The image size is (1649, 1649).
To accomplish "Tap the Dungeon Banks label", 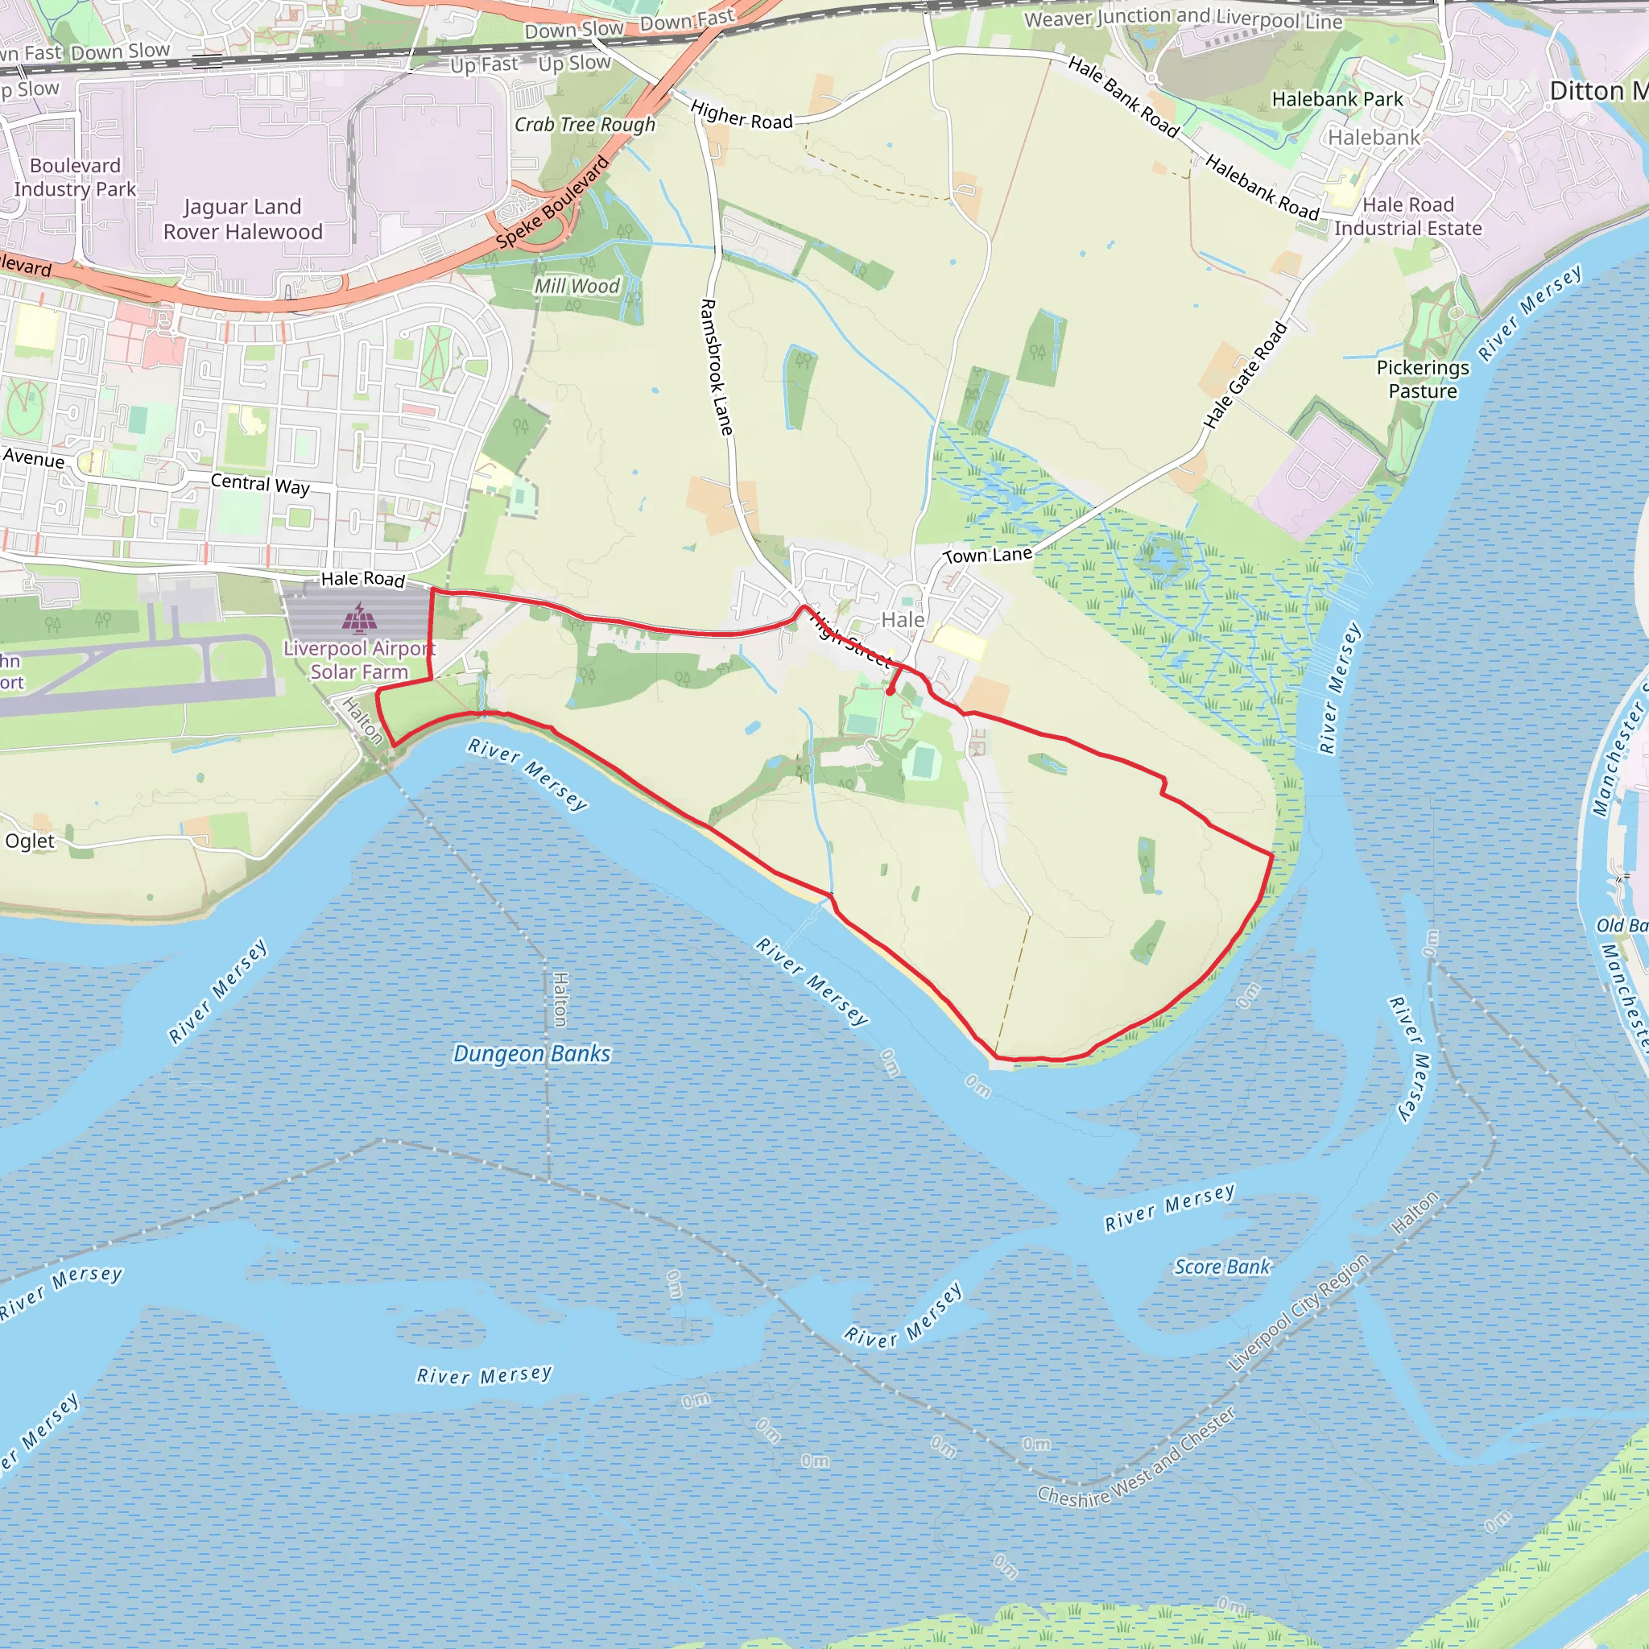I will click(531, 1053).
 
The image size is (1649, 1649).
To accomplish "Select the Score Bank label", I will click(1221, 1267).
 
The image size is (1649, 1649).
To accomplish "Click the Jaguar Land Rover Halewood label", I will click(242, 219).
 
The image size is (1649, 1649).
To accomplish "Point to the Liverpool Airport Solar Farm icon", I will click(359, 618).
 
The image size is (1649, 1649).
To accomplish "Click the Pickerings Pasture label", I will click(1422, 379).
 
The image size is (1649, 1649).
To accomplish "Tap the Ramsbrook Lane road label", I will click(716, 367).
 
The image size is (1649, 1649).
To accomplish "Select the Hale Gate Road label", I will click(1245, 375).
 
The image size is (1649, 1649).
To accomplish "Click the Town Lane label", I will click(987, 556).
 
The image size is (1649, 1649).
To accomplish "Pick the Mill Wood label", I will click(577, 286).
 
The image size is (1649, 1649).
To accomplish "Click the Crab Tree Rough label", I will click(585, 125).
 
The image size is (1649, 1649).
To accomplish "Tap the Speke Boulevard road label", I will click(553, 202).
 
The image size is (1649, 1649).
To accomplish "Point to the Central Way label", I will click(259, 484).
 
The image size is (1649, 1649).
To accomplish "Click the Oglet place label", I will click(30, 841).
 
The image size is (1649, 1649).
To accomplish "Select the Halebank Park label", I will click(1337, 99).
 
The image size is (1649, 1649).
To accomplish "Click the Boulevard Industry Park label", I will click(75, 177).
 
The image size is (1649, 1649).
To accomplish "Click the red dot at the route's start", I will click(891, 692).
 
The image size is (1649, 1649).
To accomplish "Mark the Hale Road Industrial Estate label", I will click(1407, 217).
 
